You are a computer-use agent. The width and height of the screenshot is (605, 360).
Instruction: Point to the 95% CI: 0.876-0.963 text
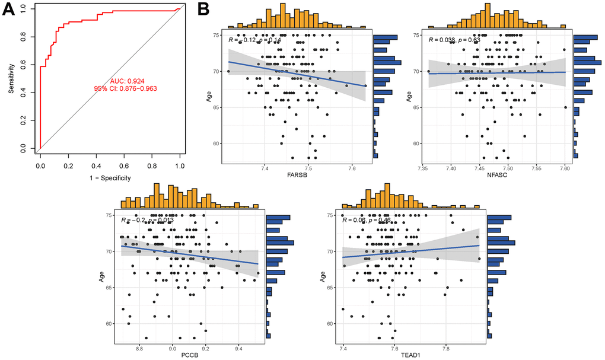tap(125, 88)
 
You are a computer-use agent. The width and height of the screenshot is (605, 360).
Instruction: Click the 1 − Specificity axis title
tap(110, 177)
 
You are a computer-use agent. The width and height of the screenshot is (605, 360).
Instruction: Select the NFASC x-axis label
tap(497, 177)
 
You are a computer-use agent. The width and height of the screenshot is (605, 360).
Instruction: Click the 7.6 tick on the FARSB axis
tap(352, 168)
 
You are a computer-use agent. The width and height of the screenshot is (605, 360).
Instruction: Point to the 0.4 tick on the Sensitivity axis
tap(23, 92)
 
